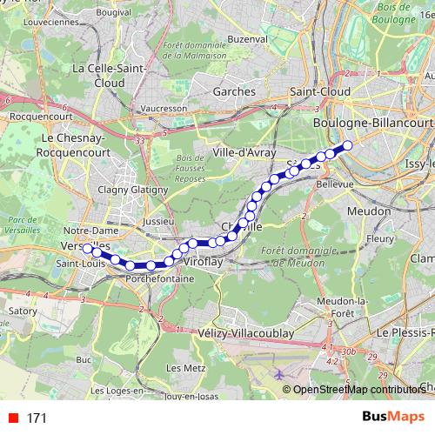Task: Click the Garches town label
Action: [234, 90]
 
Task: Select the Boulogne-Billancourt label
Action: [371, 124]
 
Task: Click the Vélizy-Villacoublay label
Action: [257, 332]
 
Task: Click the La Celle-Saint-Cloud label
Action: [102, 75]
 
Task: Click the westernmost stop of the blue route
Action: [87, 248]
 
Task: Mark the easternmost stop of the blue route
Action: [348, 146]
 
